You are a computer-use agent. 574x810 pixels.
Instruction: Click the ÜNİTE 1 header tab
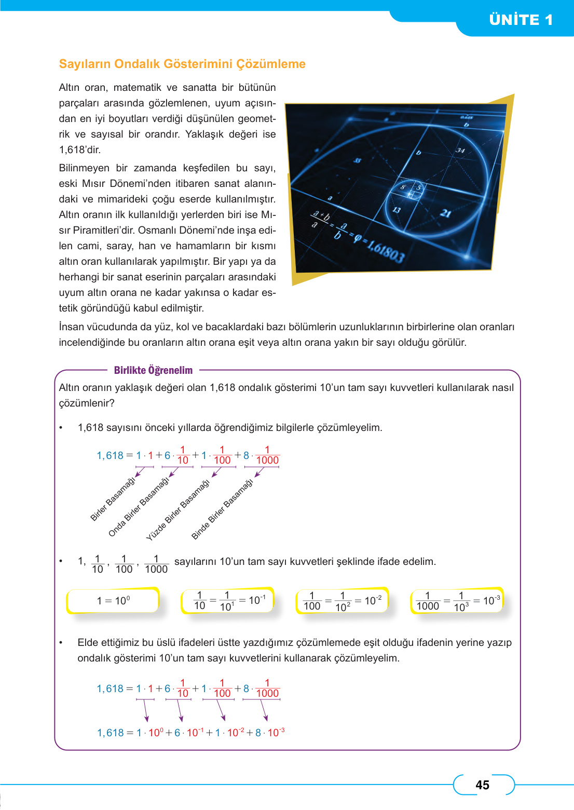[521, 20]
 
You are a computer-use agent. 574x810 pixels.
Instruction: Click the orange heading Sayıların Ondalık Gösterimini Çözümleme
[182, 64]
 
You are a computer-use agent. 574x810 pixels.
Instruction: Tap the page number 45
[482, 785]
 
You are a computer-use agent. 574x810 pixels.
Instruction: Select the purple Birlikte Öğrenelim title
[153, 370]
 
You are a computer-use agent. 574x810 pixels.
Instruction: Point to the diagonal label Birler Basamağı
[113, 498]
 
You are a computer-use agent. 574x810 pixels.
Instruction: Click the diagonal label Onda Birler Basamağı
[139, 507]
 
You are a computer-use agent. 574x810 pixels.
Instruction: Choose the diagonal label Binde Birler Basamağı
[222, 509]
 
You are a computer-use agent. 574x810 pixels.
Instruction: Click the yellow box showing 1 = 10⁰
[113, 601]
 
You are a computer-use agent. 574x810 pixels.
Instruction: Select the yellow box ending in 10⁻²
[343, 601]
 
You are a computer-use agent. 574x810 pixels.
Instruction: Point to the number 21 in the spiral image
[445, 213]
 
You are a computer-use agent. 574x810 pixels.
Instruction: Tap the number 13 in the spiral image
[396, 210]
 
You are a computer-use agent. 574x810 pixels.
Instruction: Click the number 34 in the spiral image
[460, 150]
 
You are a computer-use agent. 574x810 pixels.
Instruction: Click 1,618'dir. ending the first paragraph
[79, 150]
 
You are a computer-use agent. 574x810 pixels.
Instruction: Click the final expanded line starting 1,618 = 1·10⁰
[190, 733]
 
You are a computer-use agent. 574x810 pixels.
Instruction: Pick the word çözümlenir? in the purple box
[87, 403]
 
